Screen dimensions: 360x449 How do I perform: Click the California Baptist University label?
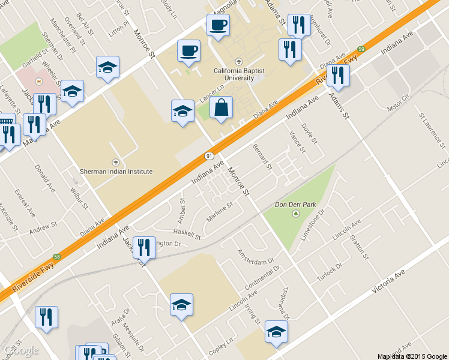click(x=239, y=74)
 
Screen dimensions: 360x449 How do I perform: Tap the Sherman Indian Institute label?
click(x=116, y=170)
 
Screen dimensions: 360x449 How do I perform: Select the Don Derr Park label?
click(x=295, y=205)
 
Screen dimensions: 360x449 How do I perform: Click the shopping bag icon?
click(x=221, y=108)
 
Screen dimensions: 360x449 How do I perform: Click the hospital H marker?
click(x=39, y=82)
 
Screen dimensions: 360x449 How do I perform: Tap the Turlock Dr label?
click(x=331, y=265)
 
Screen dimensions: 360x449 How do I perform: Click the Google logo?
click(x=21, y=350)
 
